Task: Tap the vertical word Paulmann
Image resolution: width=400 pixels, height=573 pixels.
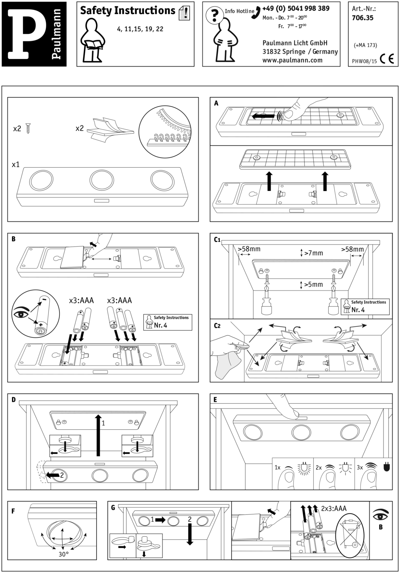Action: click(x=56, y=34)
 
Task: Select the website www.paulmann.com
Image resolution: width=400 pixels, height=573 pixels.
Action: click(x=292, y=60)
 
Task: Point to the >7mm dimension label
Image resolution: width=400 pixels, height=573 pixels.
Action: click(x=313, y=253)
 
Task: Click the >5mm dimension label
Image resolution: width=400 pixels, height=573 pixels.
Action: click(x=313, y=284)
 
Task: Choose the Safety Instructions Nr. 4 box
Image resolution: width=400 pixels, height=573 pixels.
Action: click(x=365, y=306)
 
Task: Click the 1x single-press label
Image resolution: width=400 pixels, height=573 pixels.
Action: click(x=277, y=467)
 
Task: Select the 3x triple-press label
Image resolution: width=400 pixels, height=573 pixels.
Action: click(x=360, y=467)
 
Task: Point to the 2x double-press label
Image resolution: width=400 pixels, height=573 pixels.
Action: click(x=319, y=467)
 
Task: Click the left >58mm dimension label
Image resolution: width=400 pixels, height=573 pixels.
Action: click(x=249, y=249)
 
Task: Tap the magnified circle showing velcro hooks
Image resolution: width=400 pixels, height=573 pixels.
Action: click(x=165, y=132)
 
